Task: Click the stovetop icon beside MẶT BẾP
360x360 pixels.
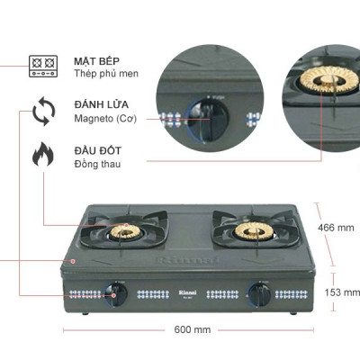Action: tap(42, 65)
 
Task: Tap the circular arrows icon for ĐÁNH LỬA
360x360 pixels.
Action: tap(42, 113)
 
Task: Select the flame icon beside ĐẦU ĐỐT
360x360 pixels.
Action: tap(42, 156)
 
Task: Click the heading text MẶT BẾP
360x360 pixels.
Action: tap(93, 58)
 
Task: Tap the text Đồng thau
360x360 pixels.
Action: tap(96, 165)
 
